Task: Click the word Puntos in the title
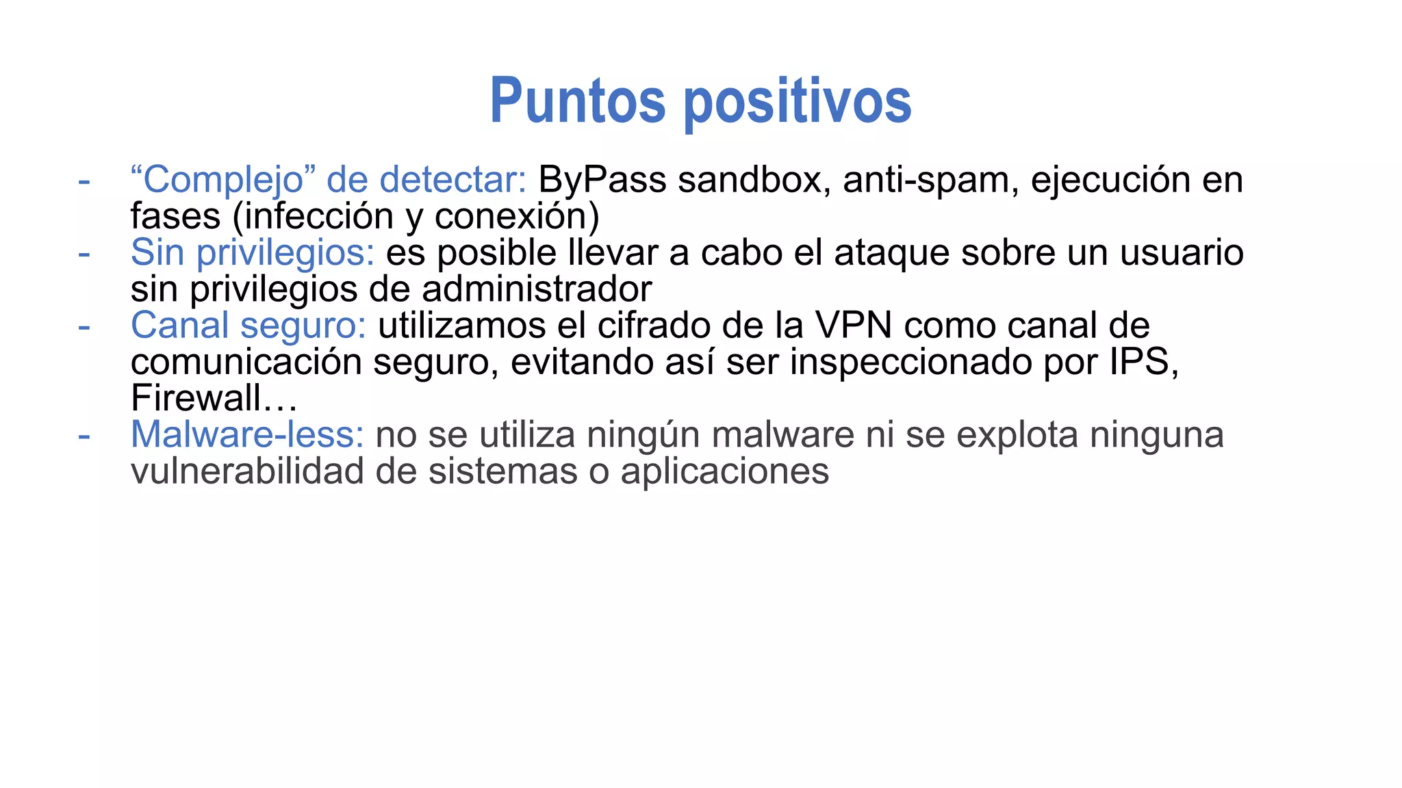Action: pos(577,101)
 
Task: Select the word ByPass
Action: pos(602,180)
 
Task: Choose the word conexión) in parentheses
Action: pos(517,217)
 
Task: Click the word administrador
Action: pos(537,289)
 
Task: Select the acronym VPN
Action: pos(853,326)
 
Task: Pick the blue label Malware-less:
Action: pos(247,435)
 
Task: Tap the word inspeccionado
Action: pos(910,362)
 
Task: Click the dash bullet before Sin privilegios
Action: pos(84,253)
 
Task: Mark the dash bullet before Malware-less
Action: pos(84,435)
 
